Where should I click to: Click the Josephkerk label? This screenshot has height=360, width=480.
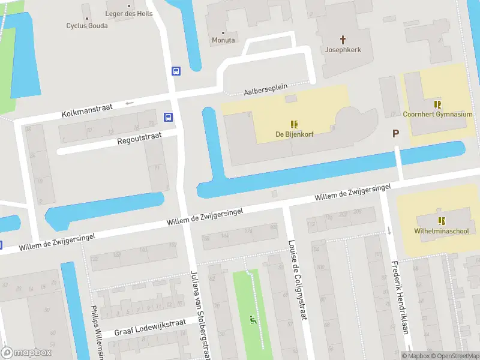[x=343, y=50]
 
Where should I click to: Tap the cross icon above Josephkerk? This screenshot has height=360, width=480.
[x=344, y=40]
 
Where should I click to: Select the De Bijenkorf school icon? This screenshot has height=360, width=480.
[x=294, y=124]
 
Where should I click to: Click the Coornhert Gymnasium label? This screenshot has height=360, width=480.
[x=437, y=114]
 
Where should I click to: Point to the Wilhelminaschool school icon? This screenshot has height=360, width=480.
[x=441, y=220]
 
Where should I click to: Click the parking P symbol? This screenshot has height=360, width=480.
[x=395, y=134]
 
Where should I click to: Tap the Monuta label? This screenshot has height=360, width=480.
[x=223, y=40]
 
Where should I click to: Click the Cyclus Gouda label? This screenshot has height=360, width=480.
[x=87, y=25]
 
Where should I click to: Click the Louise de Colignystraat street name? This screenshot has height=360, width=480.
[x=298, y=280]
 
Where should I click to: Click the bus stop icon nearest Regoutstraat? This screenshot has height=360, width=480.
[x=169, y=117]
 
